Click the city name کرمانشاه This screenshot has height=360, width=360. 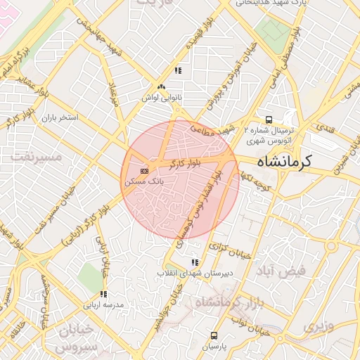pyautogui.click(x=284, y=163)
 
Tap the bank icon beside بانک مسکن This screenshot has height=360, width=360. pyautogui.click(x=145, y=171)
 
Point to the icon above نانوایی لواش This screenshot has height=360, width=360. pyautogui.click(x=162, y=87)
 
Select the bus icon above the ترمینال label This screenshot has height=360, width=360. pyautogui.click(x=268, y=120)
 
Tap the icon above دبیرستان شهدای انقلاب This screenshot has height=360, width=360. pyautogui.click(x=195, y=262)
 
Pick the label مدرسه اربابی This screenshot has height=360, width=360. pyautogui.click(x=103, y=304)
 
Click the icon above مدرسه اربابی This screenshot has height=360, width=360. pyautogui.click(x=103, y=295)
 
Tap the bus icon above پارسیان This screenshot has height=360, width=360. pyautogui.click(x=214, y=335)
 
